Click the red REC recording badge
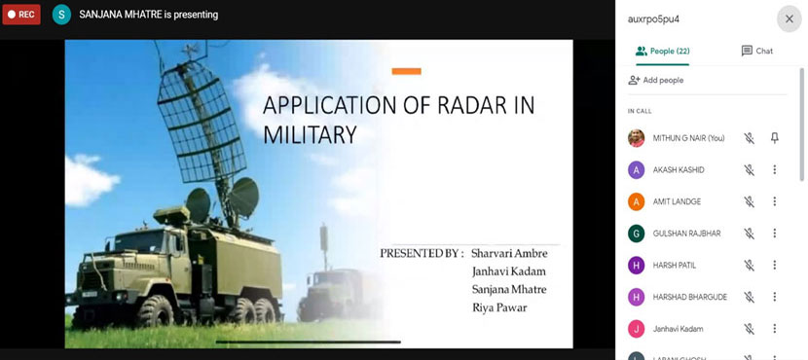click(x=21, y=15)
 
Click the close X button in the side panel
click(x=789, y=18)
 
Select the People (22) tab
click(x=663, y=51)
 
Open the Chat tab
click(x=756, y=51)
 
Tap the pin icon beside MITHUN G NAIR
click(x=775, y=138)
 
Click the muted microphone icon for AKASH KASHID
click(x=749, y=170)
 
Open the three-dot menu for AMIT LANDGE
click(x=775, y=201)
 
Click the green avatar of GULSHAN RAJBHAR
click(x=637, y=234)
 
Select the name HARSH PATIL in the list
click(x=674, y=265)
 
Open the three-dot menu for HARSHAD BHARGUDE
click(x=775, y=297)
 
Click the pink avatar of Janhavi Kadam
click(x=637, y=328)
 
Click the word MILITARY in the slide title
click(x=311, y=134)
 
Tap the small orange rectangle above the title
click(x=406, y=71)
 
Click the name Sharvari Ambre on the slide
click(x=509, y=254)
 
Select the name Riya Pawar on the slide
click(x=499, y=308)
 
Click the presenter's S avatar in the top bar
click(x=61, y=15)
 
